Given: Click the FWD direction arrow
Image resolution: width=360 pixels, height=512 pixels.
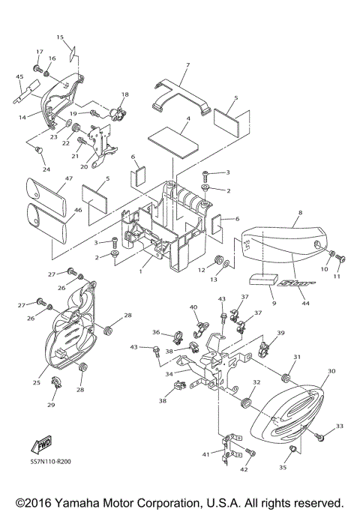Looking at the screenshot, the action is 41,445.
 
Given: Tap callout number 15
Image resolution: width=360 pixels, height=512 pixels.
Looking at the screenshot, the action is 60,37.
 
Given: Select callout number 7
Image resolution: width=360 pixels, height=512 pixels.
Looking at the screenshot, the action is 187,65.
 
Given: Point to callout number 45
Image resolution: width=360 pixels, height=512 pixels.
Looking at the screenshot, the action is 19,76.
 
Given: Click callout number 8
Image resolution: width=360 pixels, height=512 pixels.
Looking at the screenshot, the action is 300,213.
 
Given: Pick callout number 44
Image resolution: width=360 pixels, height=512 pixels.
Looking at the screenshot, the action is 305,304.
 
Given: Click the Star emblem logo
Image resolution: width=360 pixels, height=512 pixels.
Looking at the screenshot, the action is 296,283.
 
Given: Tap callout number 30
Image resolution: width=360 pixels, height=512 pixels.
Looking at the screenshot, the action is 331,371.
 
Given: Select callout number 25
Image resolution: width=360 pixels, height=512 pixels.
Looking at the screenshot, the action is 36,382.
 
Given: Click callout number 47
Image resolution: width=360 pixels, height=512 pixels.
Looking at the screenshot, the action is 68,178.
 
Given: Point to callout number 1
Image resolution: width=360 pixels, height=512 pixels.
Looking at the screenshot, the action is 140,271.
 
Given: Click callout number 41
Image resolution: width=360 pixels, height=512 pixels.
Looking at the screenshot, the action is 205,454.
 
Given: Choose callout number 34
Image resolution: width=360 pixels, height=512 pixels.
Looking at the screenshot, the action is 169,374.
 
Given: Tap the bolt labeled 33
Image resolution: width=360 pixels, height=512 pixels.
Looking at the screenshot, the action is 319,436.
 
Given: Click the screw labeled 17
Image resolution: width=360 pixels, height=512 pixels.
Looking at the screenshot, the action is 38,69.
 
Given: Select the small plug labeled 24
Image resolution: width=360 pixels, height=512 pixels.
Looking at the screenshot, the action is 39,149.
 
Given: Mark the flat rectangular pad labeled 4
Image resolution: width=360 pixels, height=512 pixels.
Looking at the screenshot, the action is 173,142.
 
